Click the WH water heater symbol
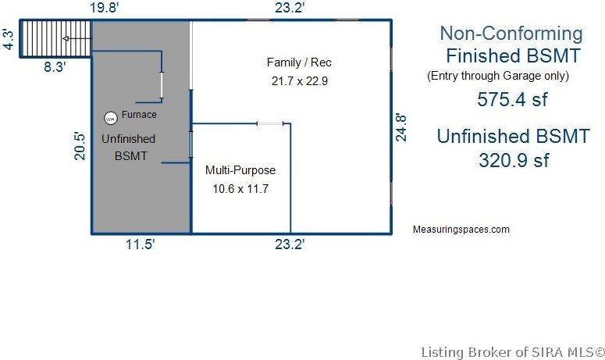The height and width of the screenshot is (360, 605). pyautogui.click(x=111, y=119)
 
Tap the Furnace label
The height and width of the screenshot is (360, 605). pyautogui.click(x=139, y=115)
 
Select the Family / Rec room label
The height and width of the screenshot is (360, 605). pyautogui.click(x=299, y=62)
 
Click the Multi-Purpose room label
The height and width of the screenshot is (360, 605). pyautogui.click(x=240, y=170)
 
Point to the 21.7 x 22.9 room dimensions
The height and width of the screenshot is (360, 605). pyautogui.click(x=300, y=81)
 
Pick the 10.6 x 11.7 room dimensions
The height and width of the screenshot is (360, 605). pyautogui.click(x=240, y=189)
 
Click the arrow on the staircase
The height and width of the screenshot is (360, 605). pyautogui.click(x=77, y=38)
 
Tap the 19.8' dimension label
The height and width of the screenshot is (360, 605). pyautogui.click(x=104, y=8)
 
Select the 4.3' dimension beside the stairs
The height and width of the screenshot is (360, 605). pyautogui.click(x=8, y=39)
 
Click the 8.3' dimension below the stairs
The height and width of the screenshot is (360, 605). pyautogui.click(x=55, y=66)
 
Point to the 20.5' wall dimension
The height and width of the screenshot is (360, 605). pyautogui.click(x=80, y=146)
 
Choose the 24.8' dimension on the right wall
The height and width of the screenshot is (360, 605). pyautogui.click(x=401, y=128)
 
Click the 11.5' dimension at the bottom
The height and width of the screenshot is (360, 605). pyautogui.click(x=140, y=244)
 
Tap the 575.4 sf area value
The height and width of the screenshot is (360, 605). pyautogui.click(x=512, y=99)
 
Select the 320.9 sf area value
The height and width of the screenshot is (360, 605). pyautogui.click(x=514, y=160)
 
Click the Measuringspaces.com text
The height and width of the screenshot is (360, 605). pyautogui.click(x=461, y=230)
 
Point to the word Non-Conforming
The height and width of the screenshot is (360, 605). pyautogui.click(x=511, y=34)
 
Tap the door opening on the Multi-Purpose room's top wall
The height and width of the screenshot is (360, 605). pyautogui.click(x=270, y=123)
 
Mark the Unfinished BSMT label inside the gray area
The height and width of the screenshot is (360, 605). pyautogui.click(x=129, y=147)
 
